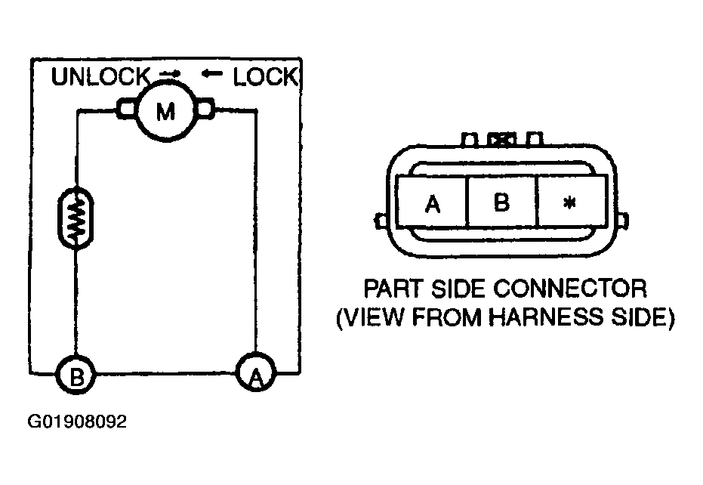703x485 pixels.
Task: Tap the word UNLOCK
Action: coord(100,77)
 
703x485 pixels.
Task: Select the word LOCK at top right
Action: coord(266,77)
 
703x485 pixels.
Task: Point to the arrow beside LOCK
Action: coord(211,73)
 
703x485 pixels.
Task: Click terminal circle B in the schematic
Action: coord(76,375)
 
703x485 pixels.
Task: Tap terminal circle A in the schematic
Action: coord(256,372)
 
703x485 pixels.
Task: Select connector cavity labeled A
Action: coord(432,202)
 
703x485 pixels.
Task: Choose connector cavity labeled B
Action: coord(501,202)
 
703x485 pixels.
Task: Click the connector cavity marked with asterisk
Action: coord(571,202)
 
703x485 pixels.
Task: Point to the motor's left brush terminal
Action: coord(126,109)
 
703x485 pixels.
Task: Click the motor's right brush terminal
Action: coord(205,109)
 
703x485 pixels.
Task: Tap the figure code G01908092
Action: coord(77,422)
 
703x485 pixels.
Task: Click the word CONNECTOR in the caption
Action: coord(570,288)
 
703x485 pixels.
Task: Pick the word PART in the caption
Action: coord(393,288)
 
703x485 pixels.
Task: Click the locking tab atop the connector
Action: coord(501,139)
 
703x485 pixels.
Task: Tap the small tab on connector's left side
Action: coord(381,220)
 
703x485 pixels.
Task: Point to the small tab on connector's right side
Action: coord(622,220)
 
